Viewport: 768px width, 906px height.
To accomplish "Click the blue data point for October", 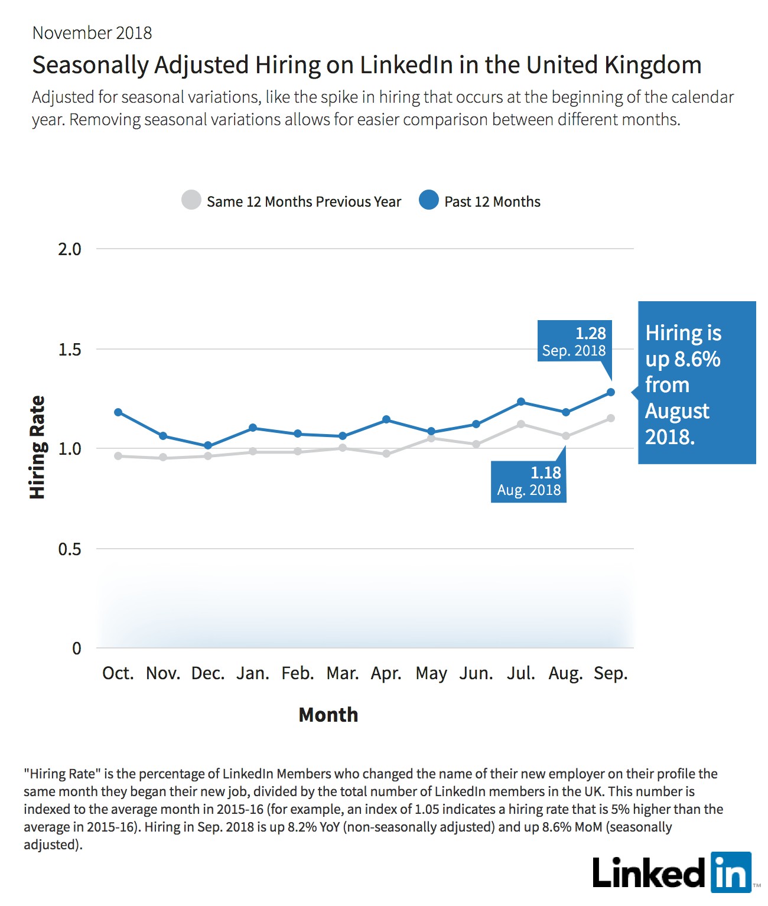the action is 118,412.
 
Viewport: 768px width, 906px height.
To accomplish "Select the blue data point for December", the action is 208,445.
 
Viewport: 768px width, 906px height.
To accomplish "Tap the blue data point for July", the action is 521,402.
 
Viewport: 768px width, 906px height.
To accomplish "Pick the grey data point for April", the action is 386,454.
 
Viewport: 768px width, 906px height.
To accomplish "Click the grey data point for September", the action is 611,418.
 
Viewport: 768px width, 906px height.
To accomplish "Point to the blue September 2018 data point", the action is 611,392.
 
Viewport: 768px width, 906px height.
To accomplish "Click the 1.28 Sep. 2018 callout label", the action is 574,341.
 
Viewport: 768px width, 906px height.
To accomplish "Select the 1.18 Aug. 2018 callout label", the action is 529,481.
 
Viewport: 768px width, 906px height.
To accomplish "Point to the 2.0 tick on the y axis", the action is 70,249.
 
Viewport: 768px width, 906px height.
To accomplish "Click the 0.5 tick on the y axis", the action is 70,549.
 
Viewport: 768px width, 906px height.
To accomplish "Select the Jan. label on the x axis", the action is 253,673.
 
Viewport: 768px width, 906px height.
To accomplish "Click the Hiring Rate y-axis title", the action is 37,447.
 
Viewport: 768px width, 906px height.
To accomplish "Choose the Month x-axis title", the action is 328,715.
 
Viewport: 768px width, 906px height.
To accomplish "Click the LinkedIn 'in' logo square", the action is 731,872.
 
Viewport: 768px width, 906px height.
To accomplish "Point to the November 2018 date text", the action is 92,33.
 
